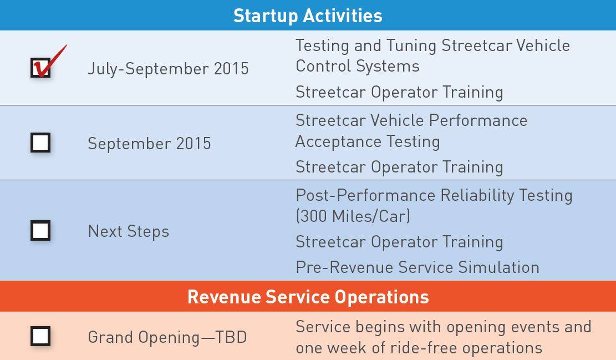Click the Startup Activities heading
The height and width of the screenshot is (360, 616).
[308, 16]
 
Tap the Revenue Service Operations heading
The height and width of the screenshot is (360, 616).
[308, 297]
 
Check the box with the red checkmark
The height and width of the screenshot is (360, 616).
[40, 68]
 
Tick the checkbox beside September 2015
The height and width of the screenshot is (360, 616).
[40, 142]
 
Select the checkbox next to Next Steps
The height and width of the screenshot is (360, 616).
[40, 230]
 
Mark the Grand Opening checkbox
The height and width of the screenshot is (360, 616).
[40, 336]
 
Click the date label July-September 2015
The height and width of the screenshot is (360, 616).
[168, 68]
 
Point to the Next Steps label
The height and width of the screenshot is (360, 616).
[129, 231]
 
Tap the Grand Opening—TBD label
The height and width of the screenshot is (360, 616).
[167, 337]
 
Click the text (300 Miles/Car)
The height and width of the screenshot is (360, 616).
[353, 216]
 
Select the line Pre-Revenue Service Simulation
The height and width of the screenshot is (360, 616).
[418, 267]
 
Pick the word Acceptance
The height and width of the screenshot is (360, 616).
[338, 141]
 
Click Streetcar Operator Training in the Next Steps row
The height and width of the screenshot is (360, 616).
[400, 242]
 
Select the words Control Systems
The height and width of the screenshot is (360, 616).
[358, 66]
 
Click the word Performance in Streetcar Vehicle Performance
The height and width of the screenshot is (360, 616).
[478, 120]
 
